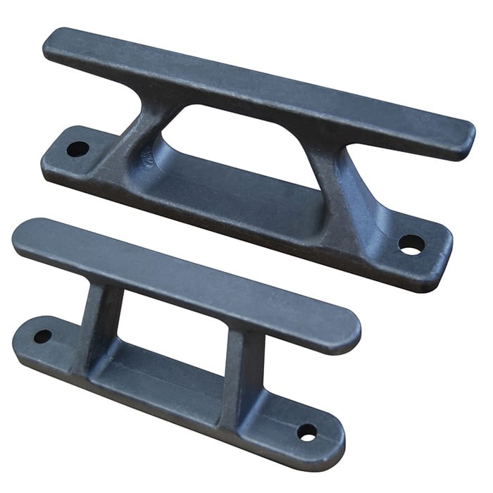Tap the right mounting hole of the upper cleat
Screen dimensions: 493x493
tap(411, 244)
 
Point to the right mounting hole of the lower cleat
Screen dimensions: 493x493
tap(307, 432)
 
